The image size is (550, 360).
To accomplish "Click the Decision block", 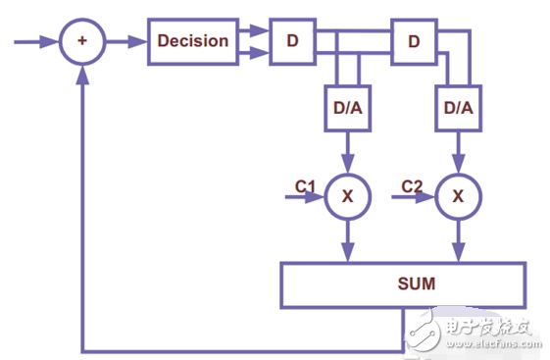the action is [x=193, y=41].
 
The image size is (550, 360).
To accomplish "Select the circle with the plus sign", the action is [x=82, y=41].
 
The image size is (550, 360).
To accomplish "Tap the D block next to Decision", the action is [x=292, y=41].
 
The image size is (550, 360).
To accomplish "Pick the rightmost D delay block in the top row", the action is [x=414, y=42].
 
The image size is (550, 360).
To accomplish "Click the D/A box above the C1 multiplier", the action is [x=347, y=108].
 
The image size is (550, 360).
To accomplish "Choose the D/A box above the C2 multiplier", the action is [x=458, y=108].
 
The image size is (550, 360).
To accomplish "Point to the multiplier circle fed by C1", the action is [x=347, y=196].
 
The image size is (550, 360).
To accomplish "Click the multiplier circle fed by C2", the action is [x=458, y=196].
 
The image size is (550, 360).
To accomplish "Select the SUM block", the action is [x=403, y=284].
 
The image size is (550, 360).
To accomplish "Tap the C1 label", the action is [x=305, y=186].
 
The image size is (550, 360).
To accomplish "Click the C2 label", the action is [x=412, y=186].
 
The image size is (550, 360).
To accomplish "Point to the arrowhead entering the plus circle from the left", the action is [x=49, y=42].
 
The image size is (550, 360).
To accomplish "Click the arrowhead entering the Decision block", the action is [x=137, y=42].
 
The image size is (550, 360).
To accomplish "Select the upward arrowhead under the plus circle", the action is [x=82, y=75].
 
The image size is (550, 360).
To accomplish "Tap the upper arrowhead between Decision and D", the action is [x=259, y=30].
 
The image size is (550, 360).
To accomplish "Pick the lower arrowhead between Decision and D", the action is [x=259, y=53].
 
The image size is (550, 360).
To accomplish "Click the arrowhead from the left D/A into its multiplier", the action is [x=348, y=164].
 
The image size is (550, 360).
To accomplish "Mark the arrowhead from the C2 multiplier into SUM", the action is [x=459, y=252].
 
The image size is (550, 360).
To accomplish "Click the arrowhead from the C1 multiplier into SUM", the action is [x=348, y=252].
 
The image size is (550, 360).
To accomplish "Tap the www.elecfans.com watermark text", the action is [x=493, y=343].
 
